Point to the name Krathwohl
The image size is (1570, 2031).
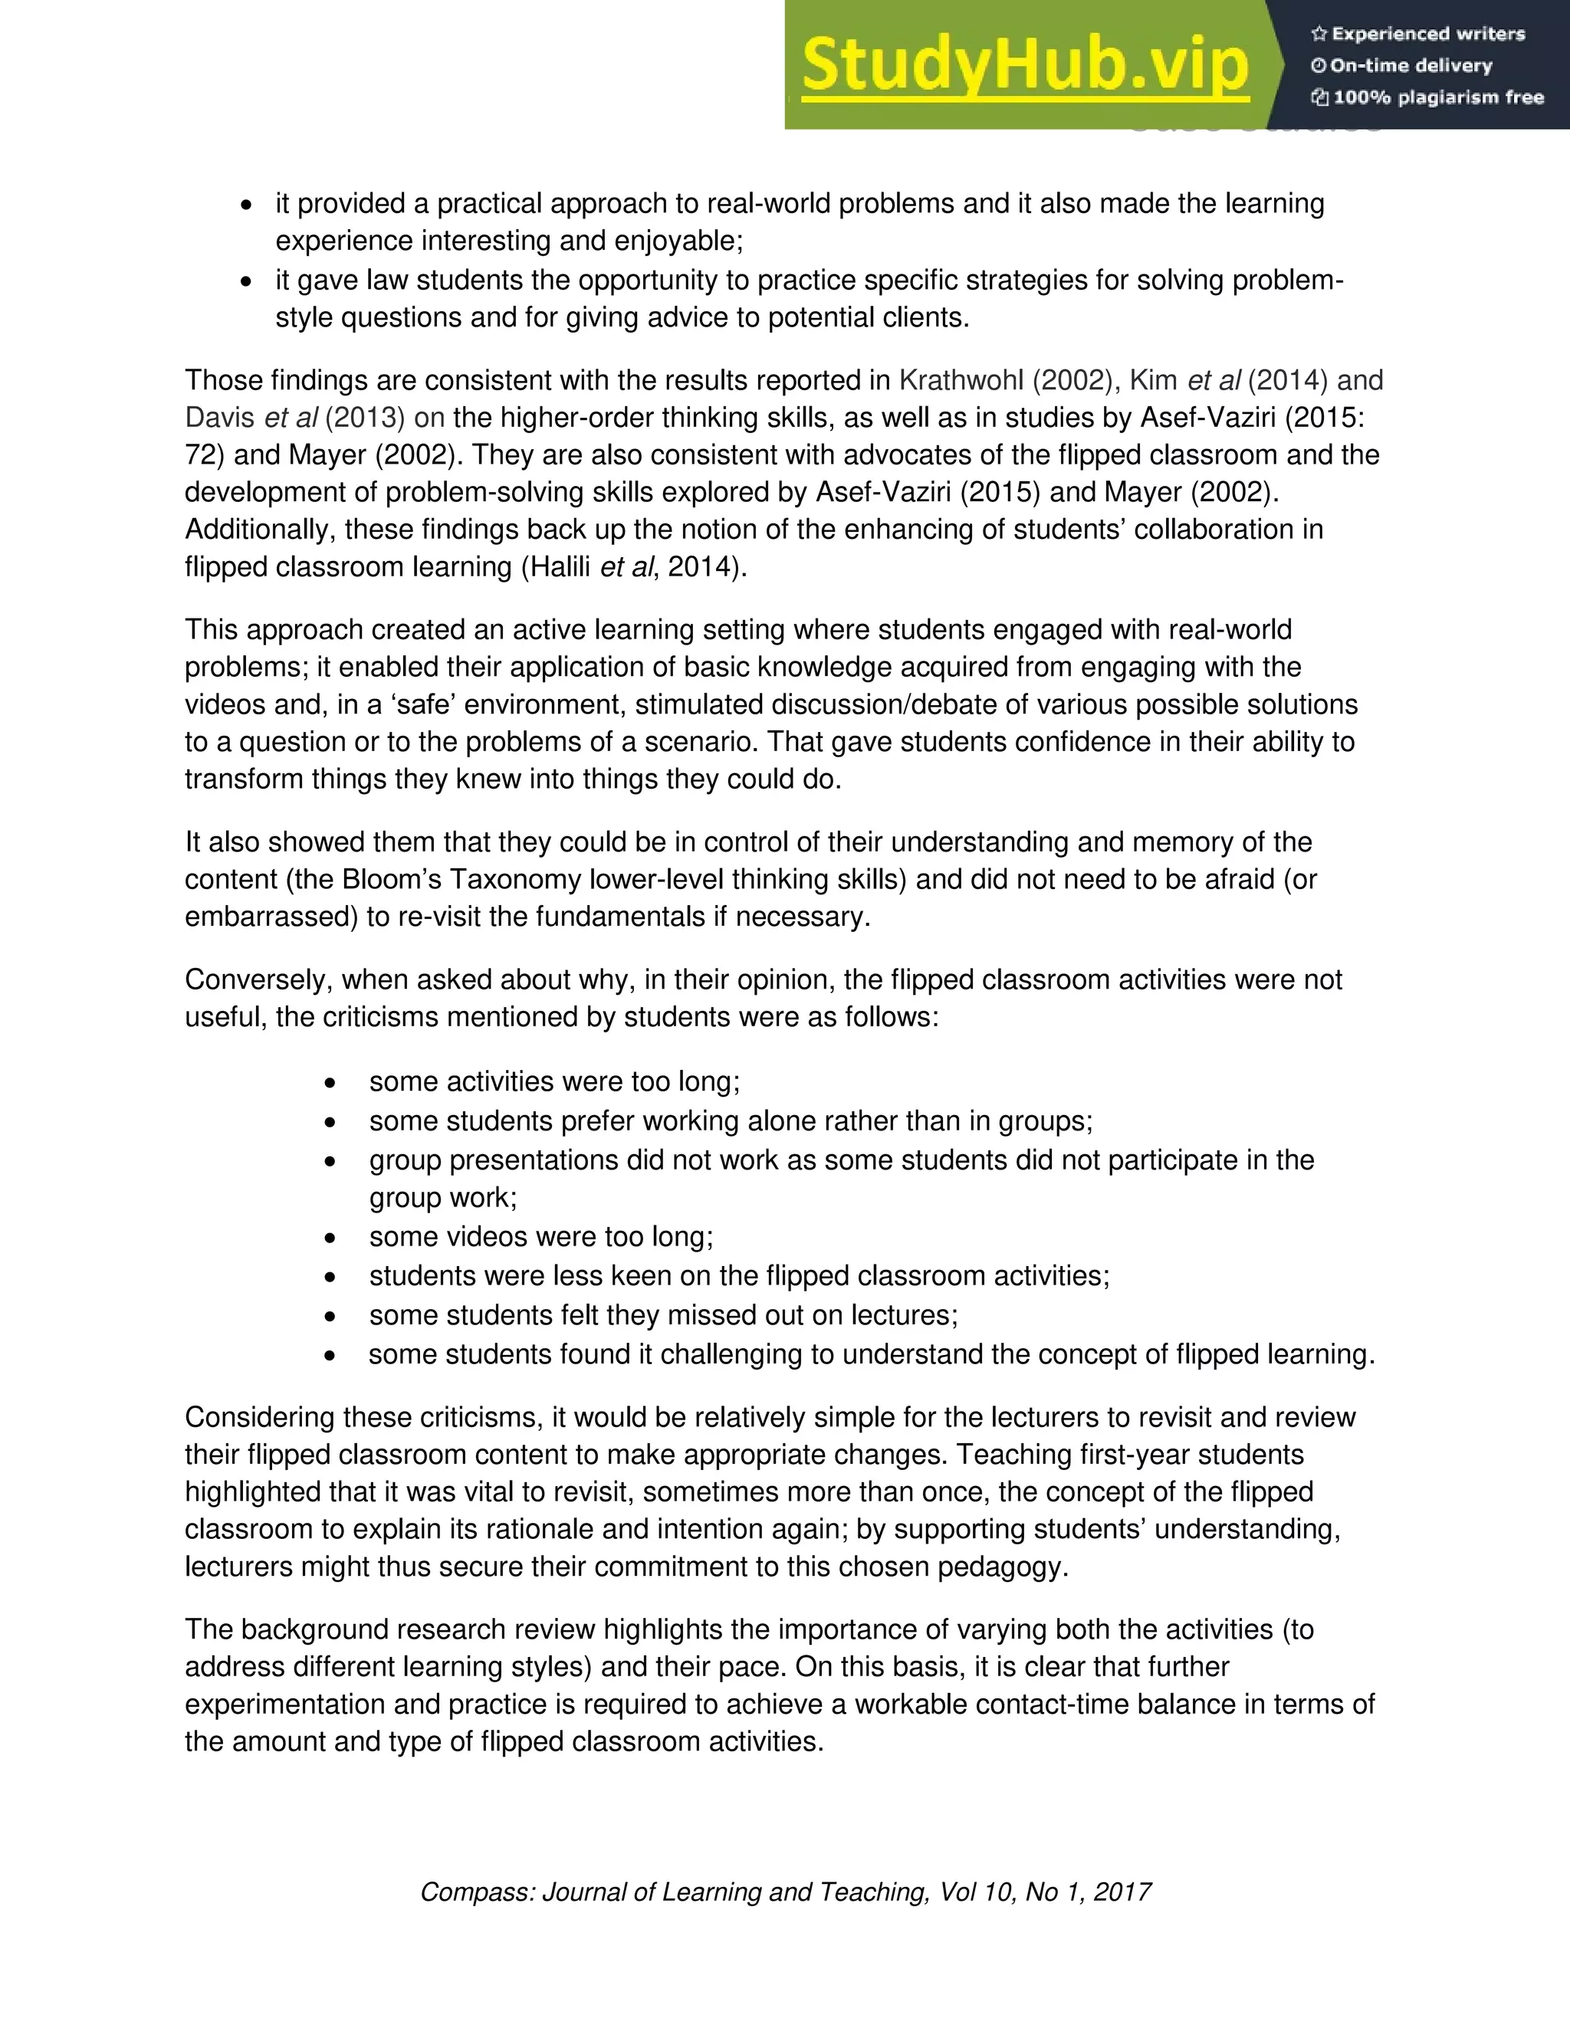coord(961,380)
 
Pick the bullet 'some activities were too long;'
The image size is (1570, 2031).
coord(554,1081)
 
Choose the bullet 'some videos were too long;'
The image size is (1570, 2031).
coord(540,1237)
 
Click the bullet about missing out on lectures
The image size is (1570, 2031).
coord(663,1315)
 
